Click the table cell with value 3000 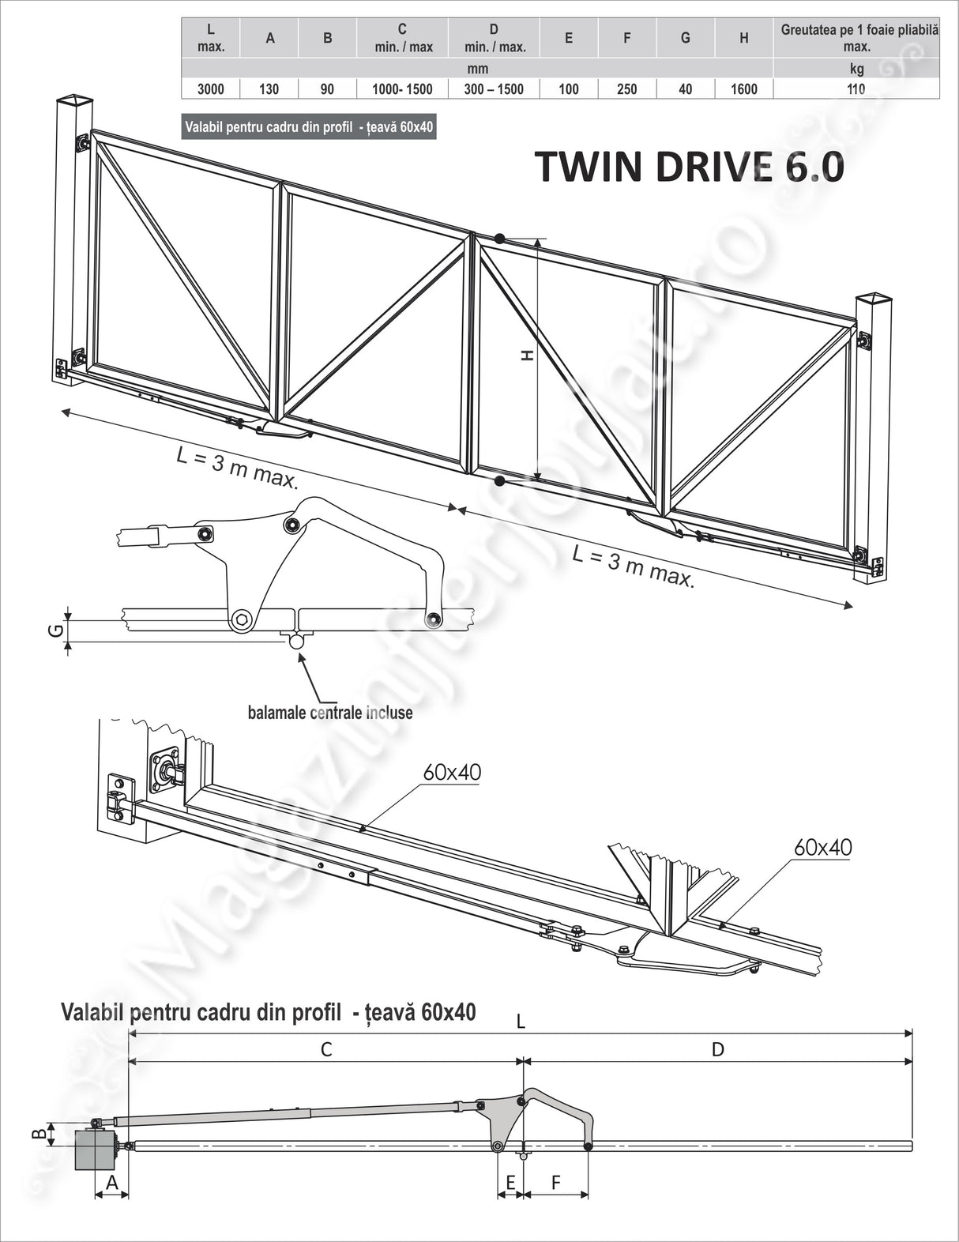pos(210,89)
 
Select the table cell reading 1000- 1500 pos(402,89)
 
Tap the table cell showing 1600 pos(743,89)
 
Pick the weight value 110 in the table pos(856,89)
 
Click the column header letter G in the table pos(685,38)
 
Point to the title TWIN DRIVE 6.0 pos(689,167)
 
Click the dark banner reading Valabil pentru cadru pos(309,126)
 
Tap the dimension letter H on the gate pos(527,356)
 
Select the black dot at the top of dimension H pos(499,238)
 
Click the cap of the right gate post pos(874,299)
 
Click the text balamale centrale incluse pos(330,713)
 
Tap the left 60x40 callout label pos(452,773)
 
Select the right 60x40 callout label pos(822,848)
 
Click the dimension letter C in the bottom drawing pos(325,1049)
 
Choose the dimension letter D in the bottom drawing pos(717,1049)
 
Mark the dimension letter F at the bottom pos(555,1183)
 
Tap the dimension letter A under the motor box pos(111,1183)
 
